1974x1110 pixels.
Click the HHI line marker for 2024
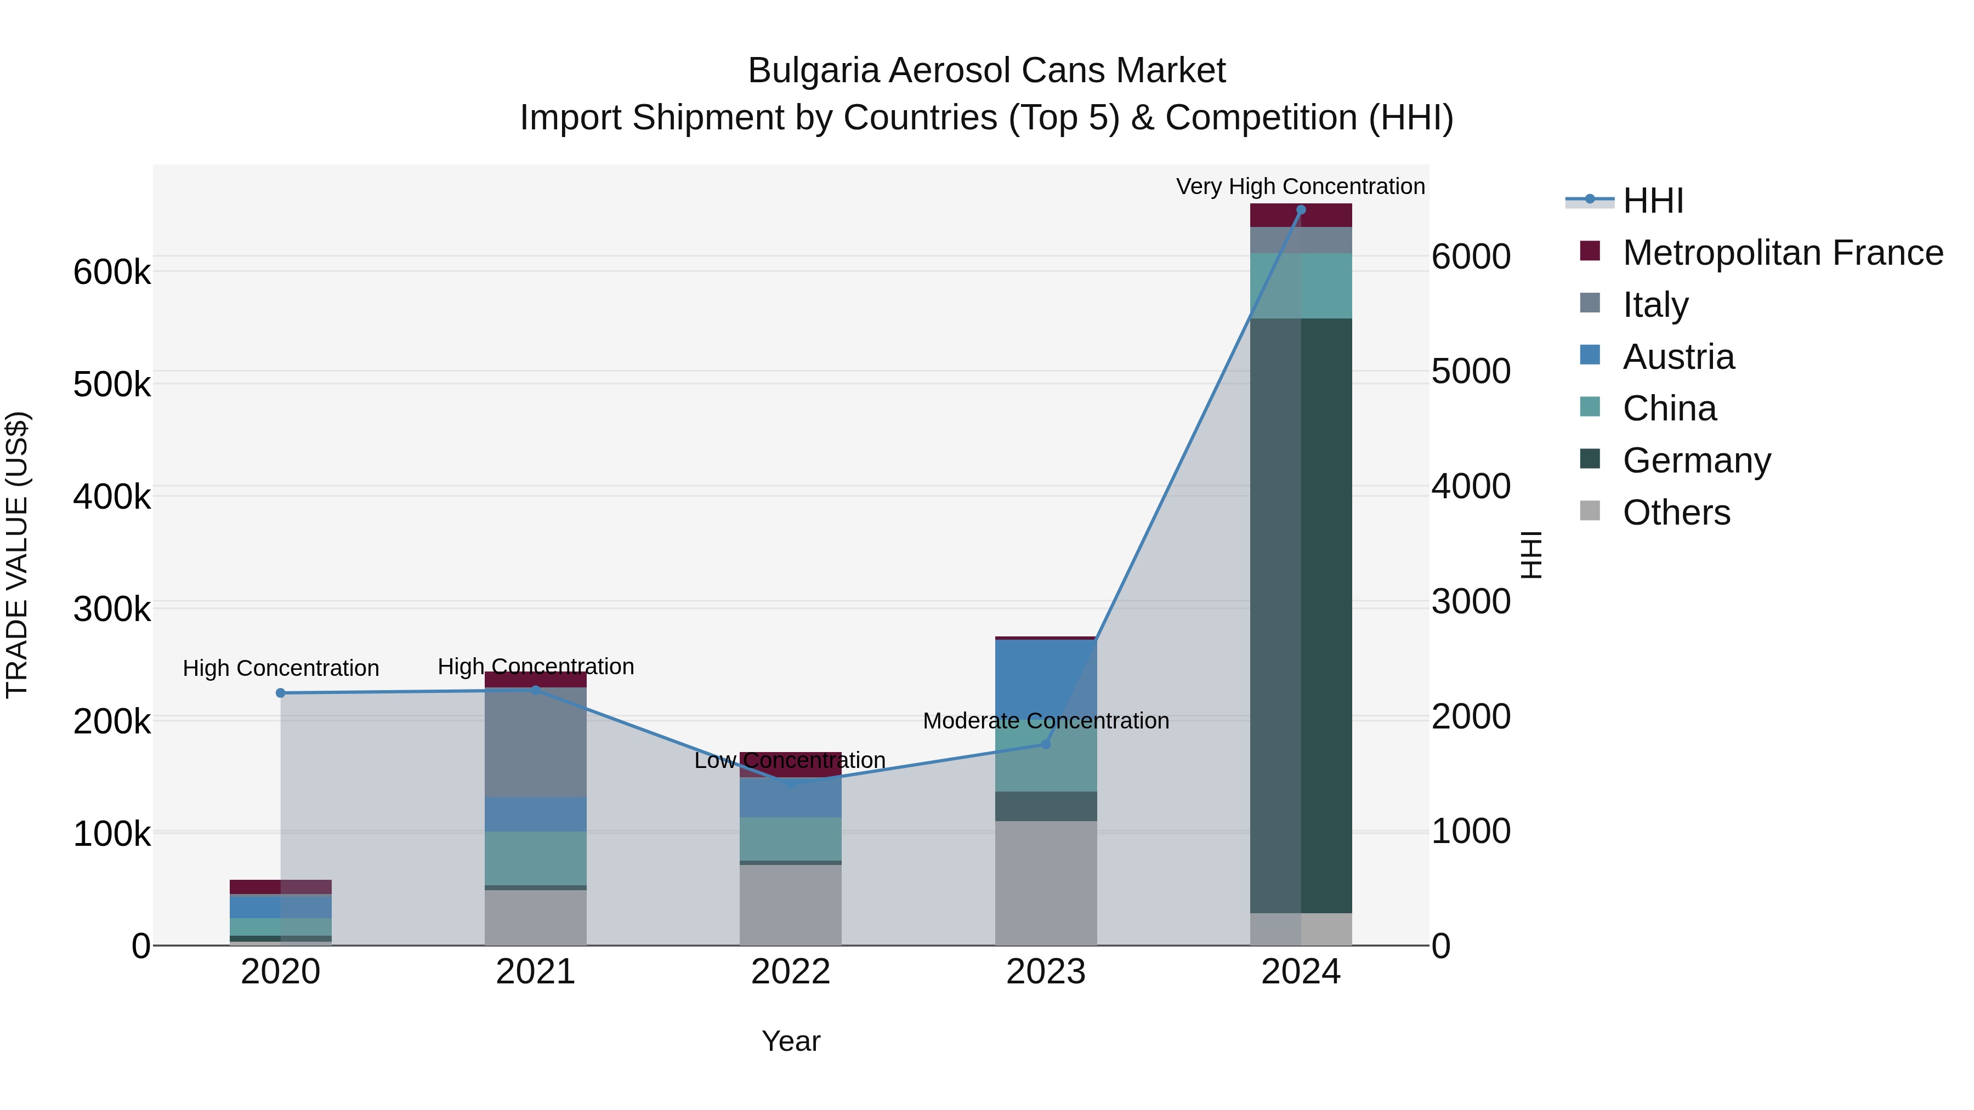(x=1301, y=210)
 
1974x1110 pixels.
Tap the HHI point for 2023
(x=1046, y=744)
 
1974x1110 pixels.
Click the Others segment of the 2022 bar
(x=790, y=904)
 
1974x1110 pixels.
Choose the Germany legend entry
(x=1697, y=460)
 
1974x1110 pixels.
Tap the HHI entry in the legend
(x=1653, y=201)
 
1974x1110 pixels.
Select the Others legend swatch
(x=1590, y=511)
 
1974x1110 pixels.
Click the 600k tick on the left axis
(x=112, y=272)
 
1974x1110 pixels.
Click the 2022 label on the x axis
(x=790, y=972)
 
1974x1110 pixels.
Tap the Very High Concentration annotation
(x=1301, y=186)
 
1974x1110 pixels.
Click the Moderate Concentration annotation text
(x=1046, y=721)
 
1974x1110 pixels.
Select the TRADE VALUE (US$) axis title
(x=17, y=555)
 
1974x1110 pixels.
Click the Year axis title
(x=791, y=1041)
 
